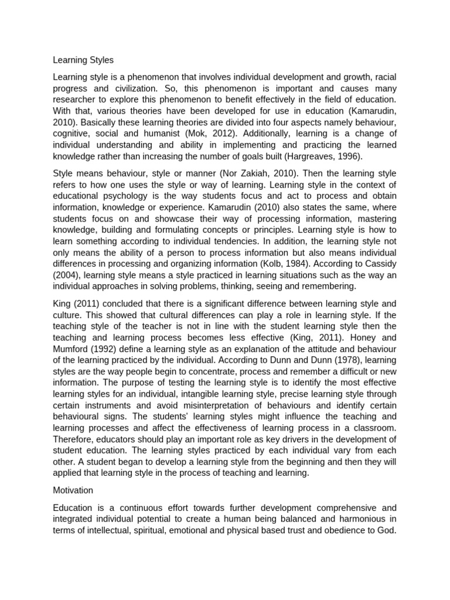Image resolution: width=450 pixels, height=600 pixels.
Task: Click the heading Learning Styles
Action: [x=83, y=60]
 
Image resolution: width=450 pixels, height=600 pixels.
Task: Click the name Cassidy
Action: [x=379, y=264]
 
